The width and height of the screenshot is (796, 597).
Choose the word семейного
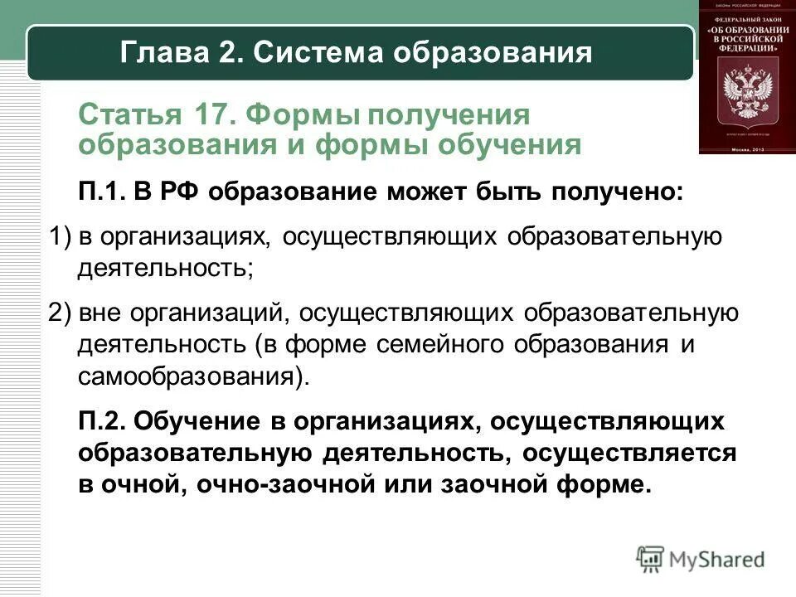tap(435, 344)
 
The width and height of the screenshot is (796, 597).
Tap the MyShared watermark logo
tap(701, 559)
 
